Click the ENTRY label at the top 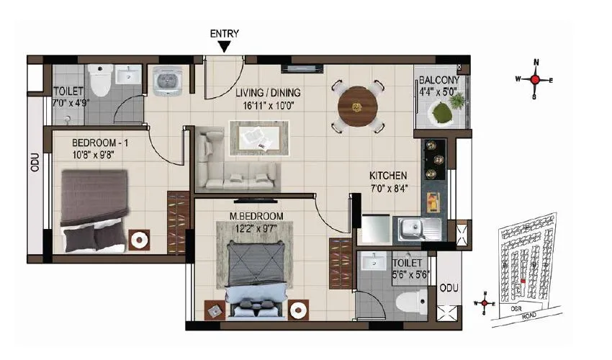point(225,33)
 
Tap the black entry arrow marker point(225,47)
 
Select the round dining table point(359,107)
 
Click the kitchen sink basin point(412,230)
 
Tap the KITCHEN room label point(388,175)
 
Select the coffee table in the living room point(259,136)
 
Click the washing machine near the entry point(167,80)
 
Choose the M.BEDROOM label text point(256,217)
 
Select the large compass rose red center point(534,80)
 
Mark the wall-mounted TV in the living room point(297,68)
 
